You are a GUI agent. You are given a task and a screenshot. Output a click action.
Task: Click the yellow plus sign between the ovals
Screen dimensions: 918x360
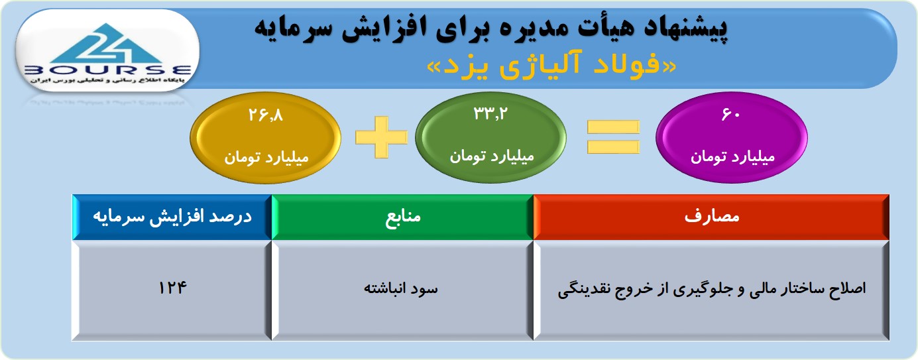[x=381, y=137]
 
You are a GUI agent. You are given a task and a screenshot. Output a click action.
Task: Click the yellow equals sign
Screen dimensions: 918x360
[x=613, y=137]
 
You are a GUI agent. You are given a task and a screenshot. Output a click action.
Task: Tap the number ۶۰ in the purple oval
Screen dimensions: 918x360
[x=730, y=115]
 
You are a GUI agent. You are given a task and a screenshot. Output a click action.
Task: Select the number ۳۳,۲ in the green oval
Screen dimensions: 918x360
[x=490, y=113]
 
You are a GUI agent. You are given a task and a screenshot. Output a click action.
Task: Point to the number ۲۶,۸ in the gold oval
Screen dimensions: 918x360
[x=266, y=115]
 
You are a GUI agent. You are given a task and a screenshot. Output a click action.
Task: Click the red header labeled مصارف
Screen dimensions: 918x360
[x=711, y=217]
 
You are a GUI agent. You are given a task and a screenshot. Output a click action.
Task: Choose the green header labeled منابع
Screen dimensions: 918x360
[x=402, y=217]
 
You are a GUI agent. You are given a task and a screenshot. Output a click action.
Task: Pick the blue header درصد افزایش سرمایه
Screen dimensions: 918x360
[x=172, y=217]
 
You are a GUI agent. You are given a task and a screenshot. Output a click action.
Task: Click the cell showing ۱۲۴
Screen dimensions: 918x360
[x=172, y=290]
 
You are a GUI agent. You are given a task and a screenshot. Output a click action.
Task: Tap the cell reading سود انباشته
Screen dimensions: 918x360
[x=402, y=290]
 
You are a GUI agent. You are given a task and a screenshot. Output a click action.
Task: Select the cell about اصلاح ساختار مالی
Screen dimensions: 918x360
[x=711, y=290]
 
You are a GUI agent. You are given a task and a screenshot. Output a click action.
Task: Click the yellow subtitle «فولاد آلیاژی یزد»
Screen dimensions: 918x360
[x=551, y=66]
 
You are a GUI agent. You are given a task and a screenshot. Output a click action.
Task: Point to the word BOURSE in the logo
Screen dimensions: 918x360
[x=108, y=70]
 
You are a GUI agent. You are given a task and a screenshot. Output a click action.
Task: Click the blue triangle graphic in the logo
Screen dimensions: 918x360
[x=107, y=43]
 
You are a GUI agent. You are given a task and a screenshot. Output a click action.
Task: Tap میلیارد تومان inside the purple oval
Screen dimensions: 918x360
[x=732, y=157]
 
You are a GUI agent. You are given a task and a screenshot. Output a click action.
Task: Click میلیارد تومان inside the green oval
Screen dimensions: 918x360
[x=492, y=156]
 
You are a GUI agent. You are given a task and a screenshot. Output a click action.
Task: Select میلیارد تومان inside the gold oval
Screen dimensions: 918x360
[x=266, y=157]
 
